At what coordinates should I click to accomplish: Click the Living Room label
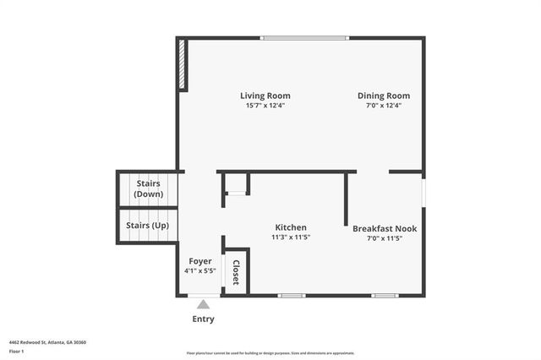coord(265,95)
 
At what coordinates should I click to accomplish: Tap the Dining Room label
coord(383,95)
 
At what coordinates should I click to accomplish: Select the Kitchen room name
coord(290,227)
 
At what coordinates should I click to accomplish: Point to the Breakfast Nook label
coord(385,228)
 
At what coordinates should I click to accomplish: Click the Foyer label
coord(199,261)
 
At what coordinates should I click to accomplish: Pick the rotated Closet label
coord(236,272)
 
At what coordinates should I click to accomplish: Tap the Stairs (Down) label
coord(148,188)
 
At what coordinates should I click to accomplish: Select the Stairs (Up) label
coord(147,226)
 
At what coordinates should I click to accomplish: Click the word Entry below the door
coord(203,319)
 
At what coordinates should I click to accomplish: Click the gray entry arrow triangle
coord(203,304)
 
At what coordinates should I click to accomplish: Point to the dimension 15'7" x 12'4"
coord(265,106)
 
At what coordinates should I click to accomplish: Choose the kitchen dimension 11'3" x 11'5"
coord(290,237)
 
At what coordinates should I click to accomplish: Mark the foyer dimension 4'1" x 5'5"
coord(199,271)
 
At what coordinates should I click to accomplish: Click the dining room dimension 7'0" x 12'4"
coord(383,106)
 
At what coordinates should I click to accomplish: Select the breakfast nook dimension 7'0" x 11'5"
coord(385,238)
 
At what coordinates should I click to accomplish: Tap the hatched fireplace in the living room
coord(183,65)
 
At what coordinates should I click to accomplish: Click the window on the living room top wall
coord(304,37)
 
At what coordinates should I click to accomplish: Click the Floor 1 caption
coord(16,350)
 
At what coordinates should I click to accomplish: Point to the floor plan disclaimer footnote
coord(270,353)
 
